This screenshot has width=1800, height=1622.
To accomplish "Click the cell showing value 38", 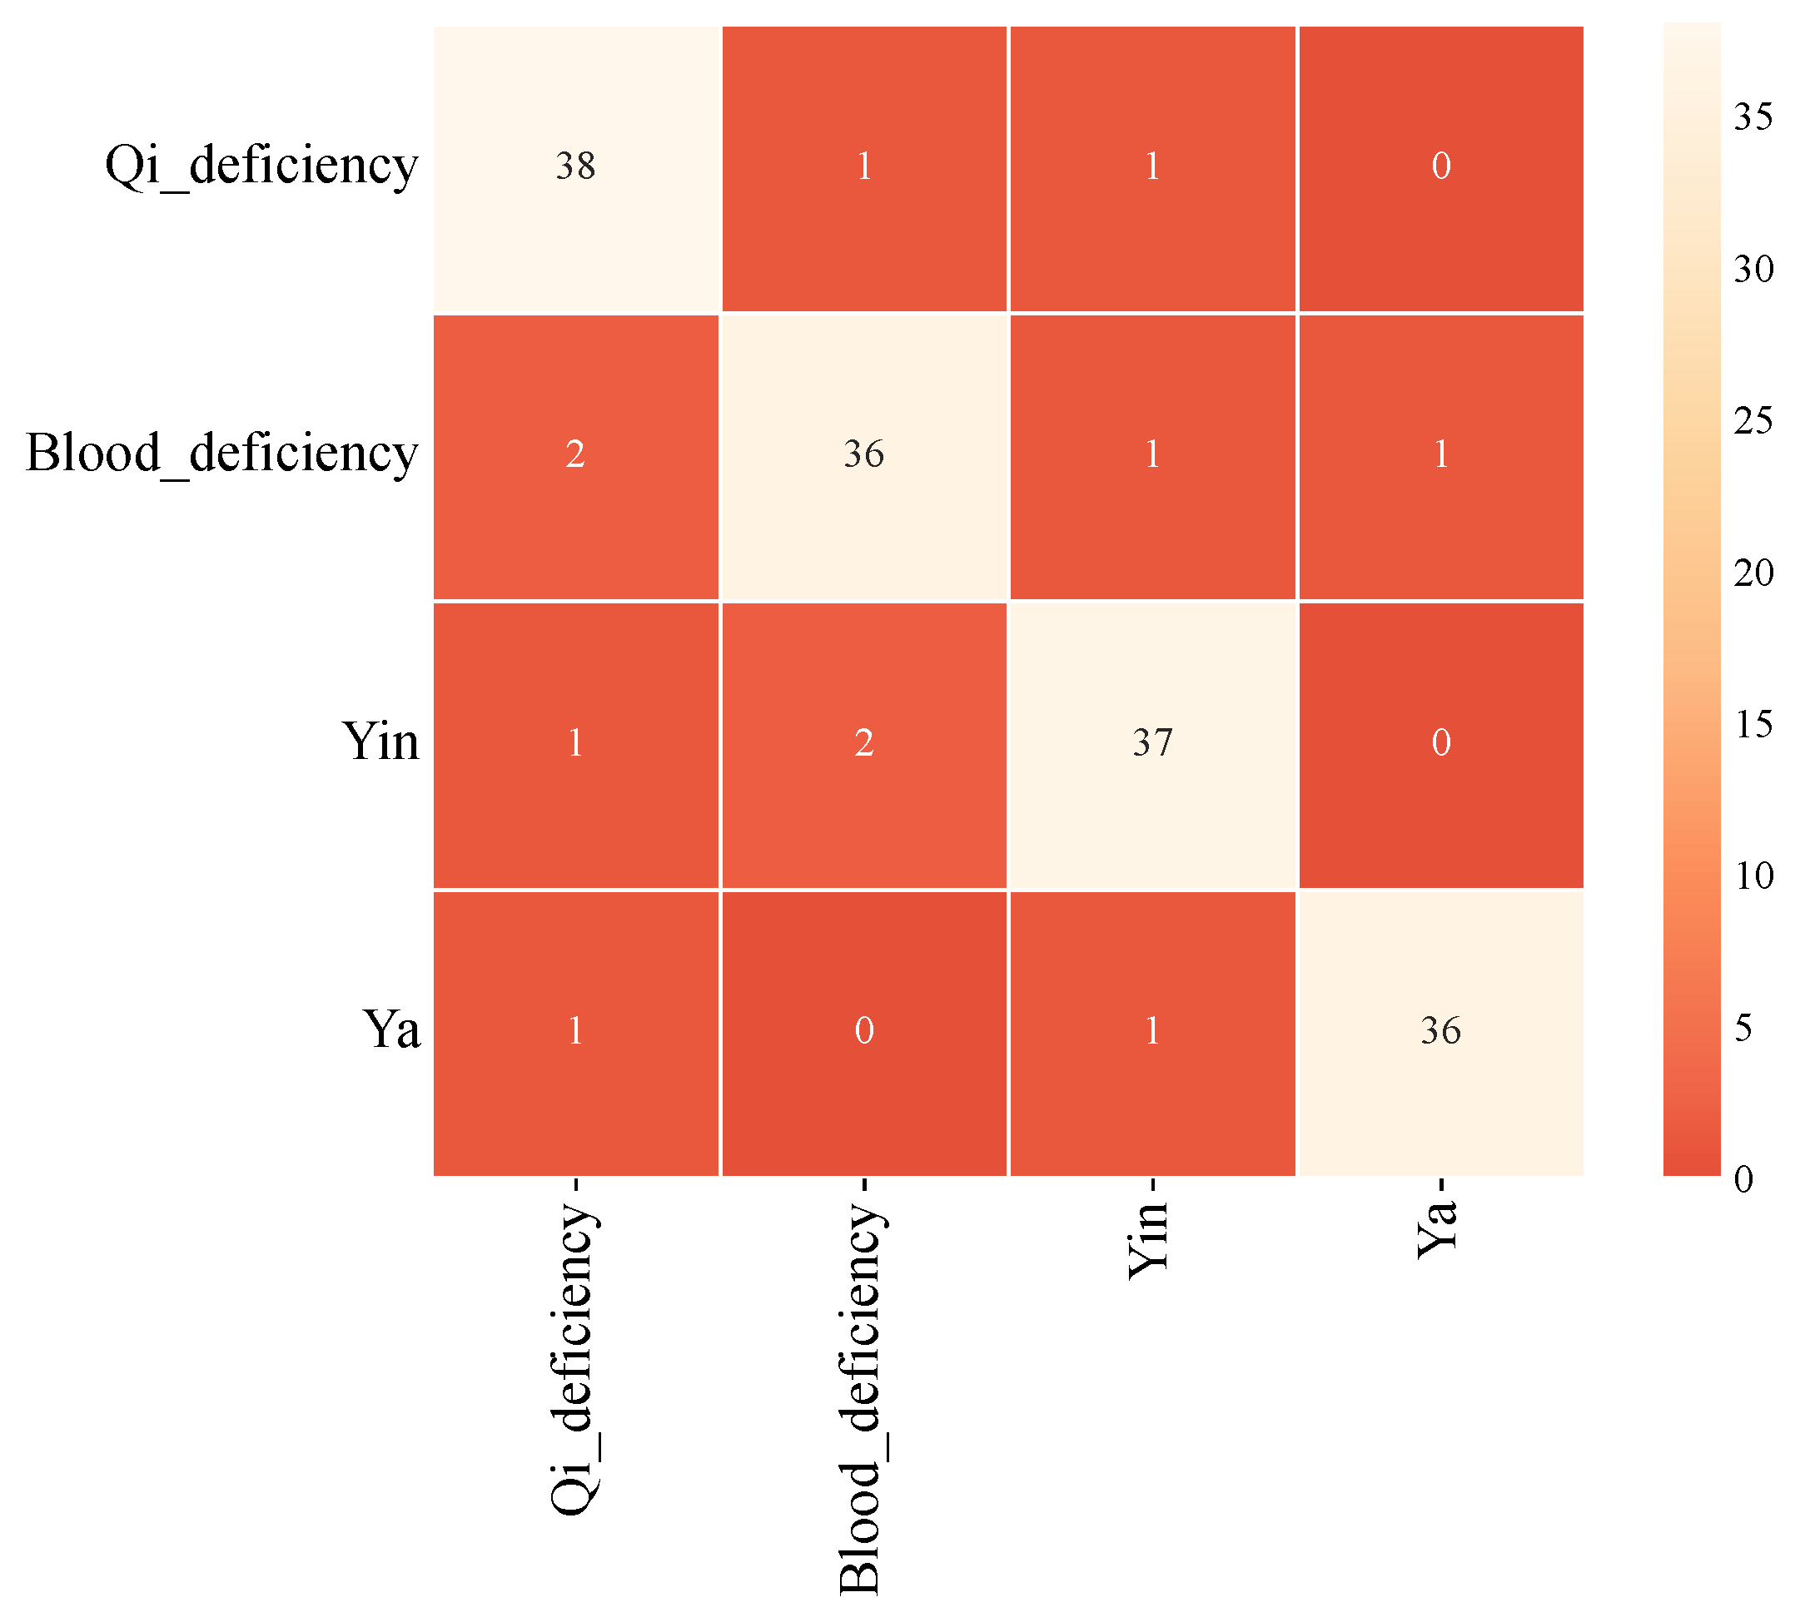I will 575,167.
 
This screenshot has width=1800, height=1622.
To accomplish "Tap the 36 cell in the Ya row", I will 1440,1032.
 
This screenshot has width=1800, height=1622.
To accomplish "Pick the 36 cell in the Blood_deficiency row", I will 863,455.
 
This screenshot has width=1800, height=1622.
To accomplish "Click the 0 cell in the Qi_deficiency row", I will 1440,167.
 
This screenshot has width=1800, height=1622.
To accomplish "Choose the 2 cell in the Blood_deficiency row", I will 575,455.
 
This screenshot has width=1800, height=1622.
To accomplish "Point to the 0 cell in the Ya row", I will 863,1032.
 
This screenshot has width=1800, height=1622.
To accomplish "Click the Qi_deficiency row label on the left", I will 261,166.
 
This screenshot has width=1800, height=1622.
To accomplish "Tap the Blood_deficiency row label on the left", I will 221,454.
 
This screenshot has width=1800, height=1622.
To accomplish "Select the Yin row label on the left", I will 380,742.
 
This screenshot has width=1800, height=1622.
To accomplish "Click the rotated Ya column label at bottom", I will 1437,1229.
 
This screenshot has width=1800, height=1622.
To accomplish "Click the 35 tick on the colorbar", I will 1753,117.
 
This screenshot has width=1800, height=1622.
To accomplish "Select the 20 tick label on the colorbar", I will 1753,573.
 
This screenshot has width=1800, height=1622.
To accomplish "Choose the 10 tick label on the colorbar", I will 1753,877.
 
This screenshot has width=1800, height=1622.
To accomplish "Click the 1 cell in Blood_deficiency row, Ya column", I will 1440,455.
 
